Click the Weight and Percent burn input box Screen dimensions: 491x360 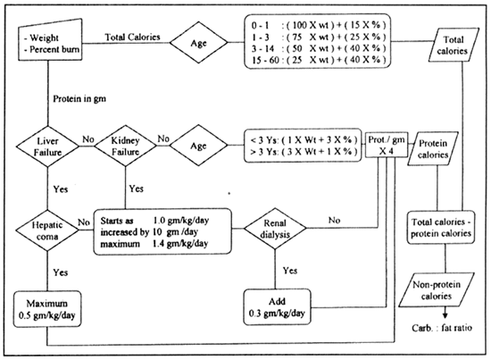tap(50, 40)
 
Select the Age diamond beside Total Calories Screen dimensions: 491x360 tap(199, 42)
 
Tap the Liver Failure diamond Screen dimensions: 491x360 tap(47, 147)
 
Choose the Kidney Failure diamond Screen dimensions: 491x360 tap(125, 146)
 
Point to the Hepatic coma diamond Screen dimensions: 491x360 tap(47, 230)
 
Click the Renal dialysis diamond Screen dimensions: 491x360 tap(275, 229)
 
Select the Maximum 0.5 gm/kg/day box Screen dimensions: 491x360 tap(47, 309)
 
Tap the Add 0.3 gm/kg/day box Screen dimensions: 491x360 tap(277, 307)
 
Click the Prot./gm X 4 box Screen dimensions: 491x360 tap(387, 145)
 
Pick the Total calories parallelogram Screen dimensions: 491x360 tap(454, 45)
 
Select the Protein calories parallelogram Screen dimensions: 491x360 tap(433, 148)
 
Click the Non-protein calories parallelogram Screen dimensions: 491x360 tap(437, 289)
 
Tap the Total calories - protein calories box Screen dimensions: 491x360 tap(441, 228)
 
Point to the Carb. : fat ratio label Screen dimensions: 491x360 tap(442, 328)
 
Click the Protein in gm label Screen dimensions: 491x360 tap(79, 98)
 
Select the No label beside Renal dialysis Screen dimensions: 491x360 tap(335, 221)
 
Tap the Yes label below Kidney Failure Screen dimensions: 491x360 tap(137, 188)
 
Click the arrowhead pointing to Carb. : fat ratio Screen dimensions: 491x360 tap(445, 314)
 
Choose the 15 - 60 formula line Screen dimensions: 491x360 tap(319, 60)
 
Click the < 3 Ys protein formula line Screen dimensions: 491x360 tap(304, 139)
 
